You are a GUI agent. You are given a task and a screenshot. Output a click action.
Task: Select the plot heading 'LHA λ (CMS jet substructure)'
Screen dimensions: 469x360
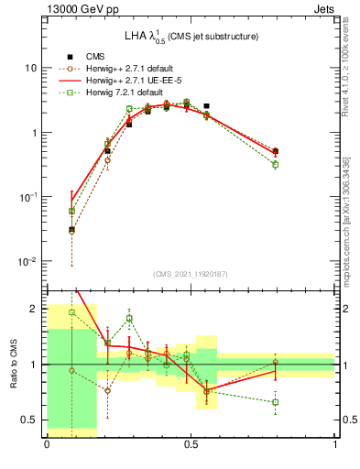[191, 36]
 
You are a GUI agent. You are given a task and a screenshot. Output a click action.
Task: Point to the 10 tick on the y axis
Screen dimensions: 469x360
[30, 68]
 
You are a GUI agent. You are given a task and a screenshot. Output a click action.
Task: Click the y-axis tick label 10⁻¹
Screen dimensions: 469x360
[28, 197]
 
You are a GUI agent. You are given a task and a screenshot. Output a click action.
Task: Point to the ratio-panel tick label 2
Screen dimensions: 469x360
[35, 309]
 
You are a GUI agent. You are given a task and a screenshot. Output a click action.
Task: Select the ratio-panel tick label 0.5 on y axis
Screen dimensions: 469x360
[29, 420]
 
